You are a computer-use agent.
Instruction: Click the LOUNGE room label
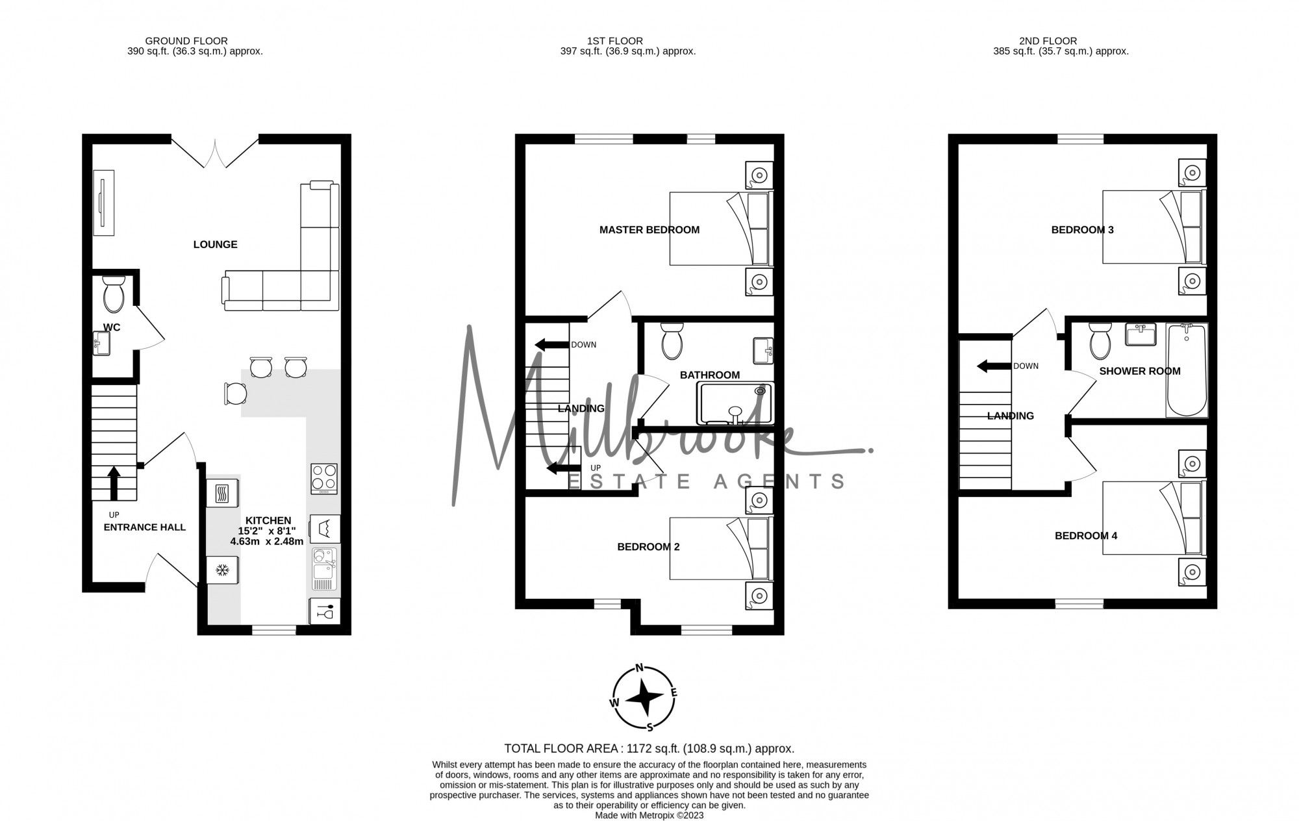[x=215, y=244]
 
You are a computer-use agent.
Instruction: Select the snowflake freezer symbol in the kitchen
[x=222, y=570]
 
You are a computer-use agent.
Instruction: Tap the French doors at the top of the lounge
[x=215, y=153]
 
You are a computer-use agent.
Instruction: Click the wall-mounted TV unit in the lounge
[x=104, y=203]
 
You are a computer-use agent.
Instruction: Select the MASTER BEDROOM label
[x=649, y=229]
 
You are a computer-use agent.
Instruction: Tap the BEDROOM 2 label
[x=648, y=547]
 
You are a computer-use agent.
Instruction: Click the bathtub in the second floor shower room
[x=1186, y=370]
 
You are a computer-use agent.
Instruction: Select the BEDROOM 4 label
[x=1085, y=536]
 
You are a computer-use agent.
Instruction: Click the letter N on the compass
[x=639, y=668]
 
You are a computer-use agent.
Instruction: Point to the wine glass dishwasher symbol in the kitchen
[x=324, y=611]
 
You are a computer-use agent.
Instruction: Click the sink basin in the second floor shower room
[x=1140, y=336]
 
